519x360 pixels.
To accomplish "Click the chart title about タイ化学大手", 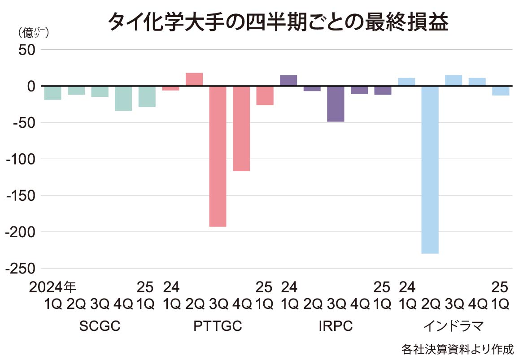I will (x=278, y=22).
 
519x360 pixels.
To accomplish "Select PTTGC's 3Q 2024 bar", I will (x=218, y=156).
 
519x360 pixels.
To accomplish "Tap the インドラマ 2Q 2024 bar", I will (x=430, y=169).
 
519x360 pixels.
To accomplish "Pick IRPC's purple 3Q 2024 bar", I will (x=336, y=104).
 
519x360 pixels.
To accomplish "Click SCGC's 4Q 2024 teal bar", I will (x=123, y=98).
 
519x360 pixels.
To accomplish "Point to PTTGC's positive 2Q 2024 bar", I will (x=194, y=79).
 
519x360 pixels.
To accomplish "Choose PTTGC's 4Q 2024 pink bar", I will (x=241, y=128).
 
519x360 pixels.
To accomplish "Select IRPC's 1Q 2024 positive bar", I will (x=288, y=80).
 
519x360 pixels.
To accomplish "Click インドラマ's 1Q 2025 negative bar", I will (x=501, y=91).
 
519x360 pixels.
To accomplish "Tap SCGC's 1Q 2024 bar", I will (x=52, y=93).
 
